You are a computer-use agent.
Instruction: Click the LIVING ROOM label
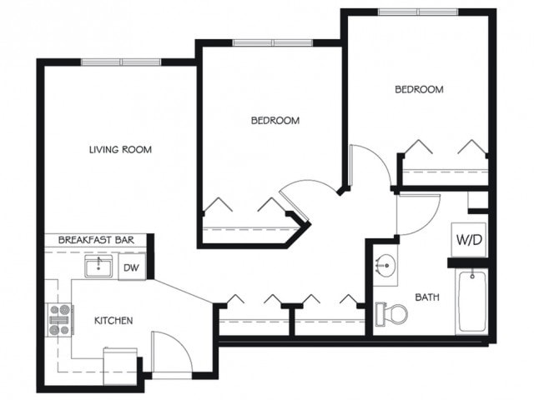[120, 150]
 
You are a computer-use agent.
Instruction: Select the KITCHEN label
[113, 321]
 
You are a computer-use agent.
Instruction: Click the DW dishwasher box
[131, 267]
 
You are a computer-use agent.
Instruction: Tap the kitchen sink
[99, 267]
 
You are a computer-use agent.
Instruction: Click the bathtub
[472, 302]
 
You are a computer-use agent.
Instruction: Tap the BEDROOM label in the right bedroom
[419, 89]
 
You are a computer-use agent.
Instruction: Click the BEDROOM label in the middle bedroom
[275, 121]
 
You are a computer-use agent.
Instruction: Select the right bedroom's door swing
[370, 167]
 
